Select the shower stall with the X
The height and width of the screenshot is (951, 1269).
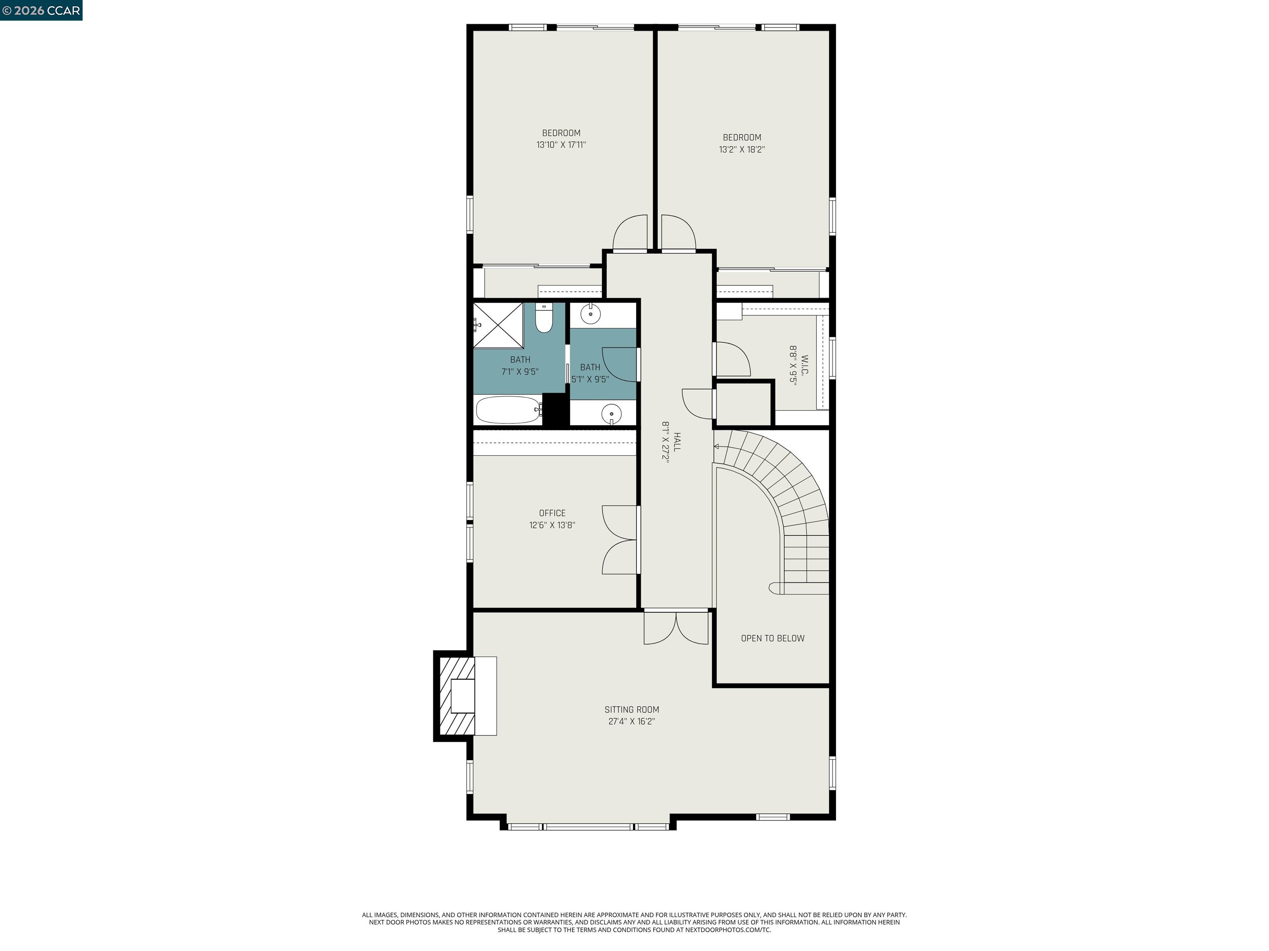[498, 325]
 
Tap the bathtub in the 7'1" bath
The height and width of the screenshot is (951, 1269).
[508, 410]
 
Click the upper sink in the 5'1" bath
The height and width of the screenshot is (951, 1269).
[590, 314]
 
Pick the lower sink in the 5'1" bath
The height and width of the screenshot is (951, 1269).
[611, 413]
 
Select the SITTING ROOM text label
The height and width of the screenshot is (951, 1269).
[632, 709]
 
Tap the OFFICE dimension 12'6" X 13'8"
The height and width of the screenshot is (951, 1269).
[552, 525]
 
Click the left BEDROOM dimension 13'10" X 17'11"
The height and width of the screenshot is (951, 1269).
[561, 145]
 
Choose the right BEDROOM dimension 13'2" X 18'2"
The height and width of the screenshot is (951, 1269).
[742, 149]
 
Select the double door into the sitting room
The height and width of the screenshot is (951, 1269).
[676, 628]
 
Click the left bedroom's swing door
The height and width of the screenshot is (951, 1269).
[630, 234]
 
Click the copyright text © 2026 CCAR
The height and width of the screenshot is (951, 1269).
[41, 10]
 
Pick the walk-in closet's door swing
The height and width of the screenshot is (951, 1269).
[732, 360]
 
